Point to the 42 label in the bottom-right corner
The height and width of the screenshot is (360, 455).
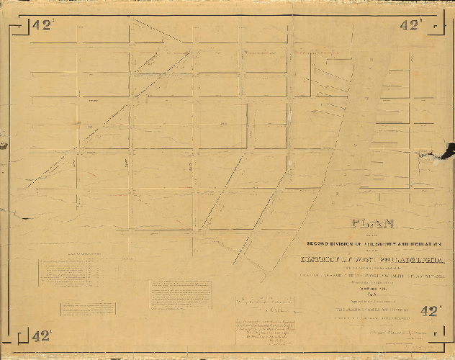click(429, 311)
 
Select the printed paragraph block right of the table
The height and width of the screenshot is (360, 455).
click(174, 294)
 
